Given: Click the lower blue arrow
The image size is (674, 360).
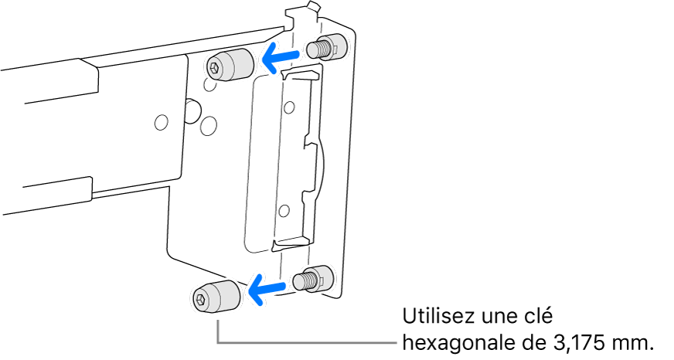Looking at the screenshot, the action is tap(267, 287).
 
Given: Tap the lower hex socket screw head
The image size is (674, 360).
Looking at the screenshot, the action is tap(216, 297).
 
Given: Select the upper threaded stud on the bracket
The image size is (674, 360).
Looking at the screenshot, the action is tap(326, 48).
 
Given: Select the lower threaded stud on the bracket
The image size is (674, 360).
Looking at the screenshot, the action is tap(312, 277).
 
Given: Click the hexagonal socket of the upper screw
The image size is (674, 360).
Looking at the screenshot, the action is tap(214, 67).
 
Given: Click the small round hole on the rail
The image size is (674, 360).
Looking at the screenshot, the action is tap(162, 123).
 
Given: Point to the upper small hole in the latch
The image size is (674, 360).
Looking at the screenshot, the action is tap(290, 106).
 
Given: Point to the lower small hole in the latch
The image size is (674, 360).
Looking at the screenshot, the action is tap(283, 212).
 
